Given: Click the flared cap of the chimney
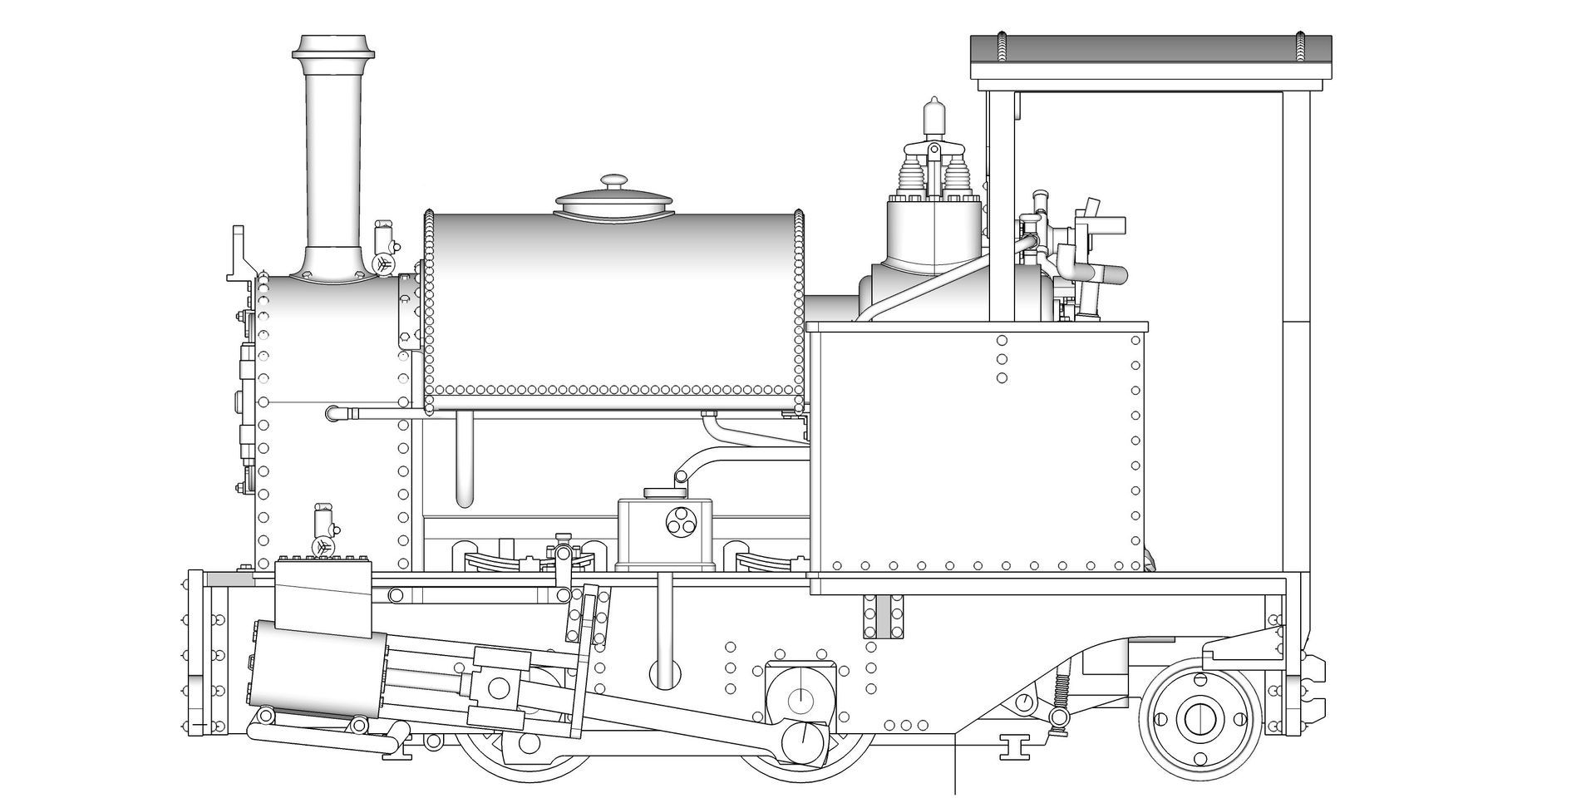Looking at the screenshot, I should coord(332,47).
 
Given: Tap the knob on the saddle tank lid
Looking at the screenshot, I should coord(615,180).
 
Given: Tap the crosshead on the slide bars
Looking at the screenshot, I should coord(499,687).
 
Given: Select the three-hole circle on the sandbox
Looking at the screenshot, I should coord(679,521).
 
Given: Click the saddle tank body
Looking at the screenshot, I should coord(615,303).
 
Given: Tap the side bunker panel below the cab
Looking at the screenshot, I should coord(977,449).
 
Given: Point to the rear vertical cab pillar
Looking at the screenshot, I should coord(1296,333).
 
